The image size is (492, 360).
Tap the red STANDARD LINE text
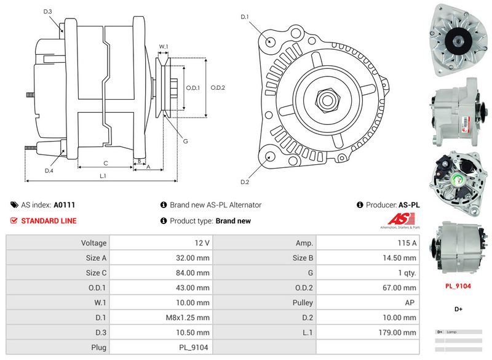point(49,221)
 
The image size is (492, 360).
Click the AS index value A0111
point(65,205)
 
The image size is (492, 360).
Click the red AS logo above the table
point(401,219)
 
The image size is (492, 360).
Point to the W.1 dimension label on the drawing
point(164,47)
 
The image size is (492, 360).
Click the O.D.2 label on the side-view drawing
point(218,87)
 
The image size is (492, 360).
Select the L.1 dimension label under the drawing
point(103,177)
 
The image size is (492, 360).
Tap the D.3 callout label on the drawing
point(48,12)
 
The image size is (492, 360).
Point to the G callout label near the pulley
point(185,142)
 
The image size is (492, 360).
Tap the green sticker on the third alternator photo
point(458,179)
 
